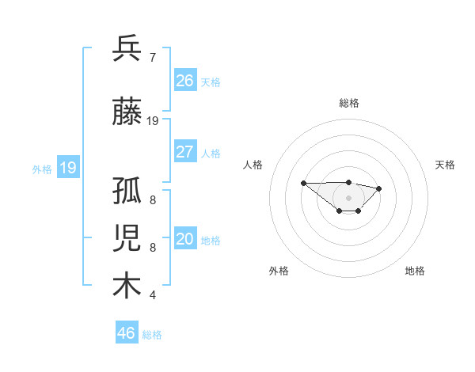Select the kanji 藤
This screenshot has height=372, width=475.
click(127, 112)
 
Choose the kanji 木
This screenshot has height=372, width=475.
click(127, 286)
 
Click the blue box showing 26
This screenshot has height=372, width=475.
click(184, 81)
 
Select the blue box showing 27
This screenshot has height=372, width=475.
click(184, 152)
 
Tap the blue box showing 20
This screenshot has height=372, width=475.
click(184, 239)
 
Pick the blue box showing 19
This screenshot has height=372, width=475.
click(67, 168)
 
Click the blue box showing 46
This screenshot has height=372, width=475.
click(127, 333)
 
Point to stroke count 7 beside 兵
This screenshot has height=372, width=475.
click(153, 58)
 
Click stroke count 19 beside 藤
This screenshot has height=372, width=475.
click(153, 121)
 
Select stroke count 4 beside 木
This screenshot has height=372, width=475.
click(153, 295)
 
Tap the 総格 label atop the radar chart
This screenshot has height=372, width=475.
click(349, 103)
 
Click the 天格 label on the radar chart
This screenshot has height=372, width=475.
click(445, 165)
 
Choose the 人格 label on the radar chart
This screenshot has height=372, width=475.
click(253, 165)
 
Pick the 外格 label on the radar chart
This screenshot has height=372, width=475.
click(279, 271)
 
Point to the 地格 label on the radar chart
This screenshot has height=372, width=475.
click(415, 271)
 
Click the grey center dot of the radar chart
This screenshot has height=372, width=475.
click(349, 197)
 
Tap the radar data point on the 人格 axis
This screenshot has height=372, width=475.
click(304, 183)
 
